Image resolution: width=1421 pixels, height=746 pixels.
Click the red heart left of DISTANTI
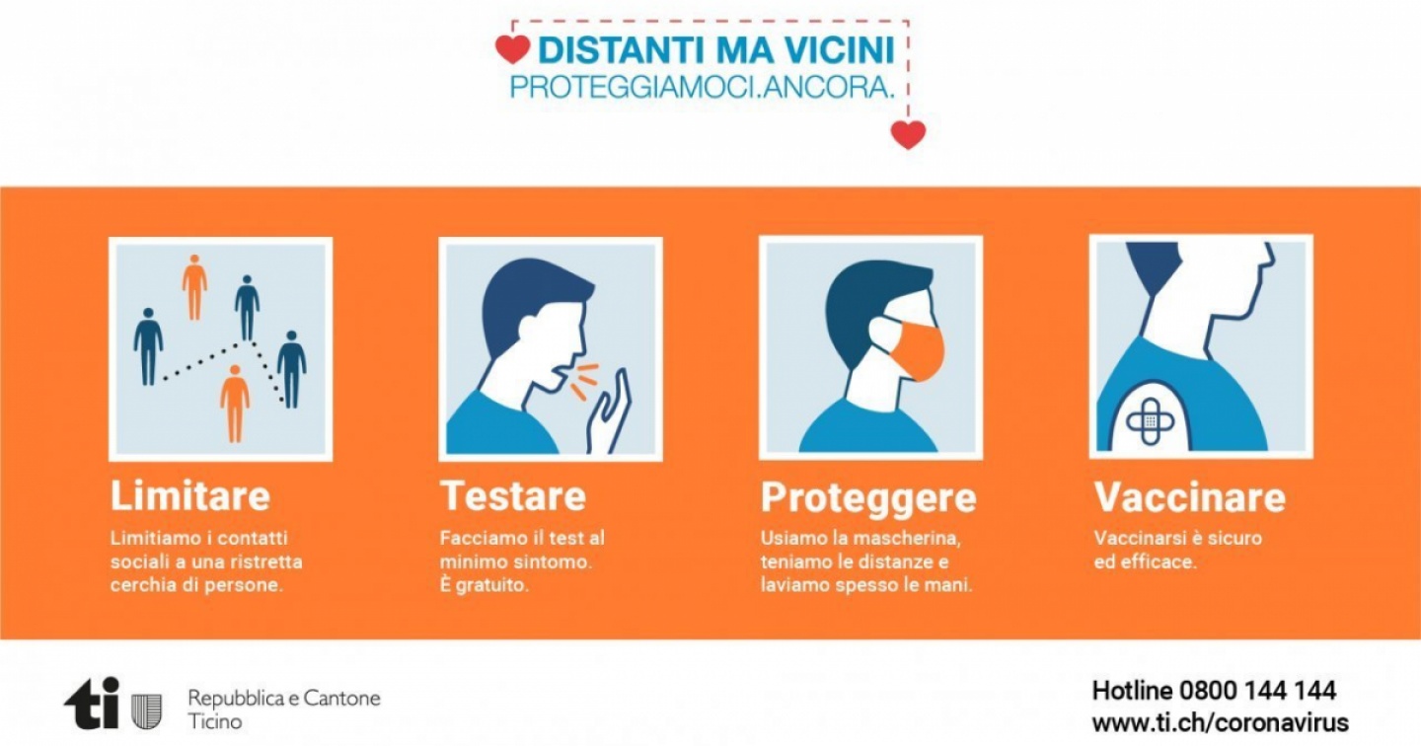click(512, 49)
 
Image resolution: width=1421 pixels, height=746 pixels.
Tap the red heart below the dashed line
click(908, 134)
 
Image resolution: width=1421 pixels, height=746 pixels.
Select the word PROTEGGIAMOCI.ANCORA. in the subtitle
click(703, 88)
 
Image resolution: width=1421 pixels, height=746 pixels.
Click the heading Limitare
click(190, 495)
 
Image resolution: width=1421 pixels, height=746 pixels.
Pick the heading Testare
click(513, 495)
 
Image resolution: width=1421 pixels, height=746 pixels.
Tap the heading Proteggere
click(868, 498)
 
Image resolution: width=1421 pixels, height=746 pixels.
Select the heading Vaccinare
click(1190, 496)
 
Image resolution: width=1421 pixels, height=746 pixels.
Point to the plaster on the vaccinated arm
click(1151, 420)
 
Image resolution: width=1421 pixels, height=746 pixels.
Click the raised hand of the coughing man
click(608, 412)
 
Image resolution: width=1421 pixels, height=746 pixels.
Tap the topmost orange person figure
click(194, 287)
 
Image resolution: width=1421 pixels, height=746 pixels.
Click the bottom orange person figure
click(235, 403)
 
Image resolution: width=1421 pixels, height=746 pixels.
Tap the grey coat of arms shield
click(146, 711)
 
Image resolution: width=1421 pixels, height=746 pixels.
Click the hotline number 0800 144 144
click(1257, 690)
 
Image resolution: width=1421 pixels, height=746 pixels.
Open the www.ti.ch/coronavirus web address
click(1220, 722)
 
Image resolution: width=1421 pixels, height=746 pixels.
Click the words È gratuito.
click(484, 584)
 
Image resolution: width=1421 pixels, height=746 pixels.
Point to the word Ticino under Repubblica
click(215, 722)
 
